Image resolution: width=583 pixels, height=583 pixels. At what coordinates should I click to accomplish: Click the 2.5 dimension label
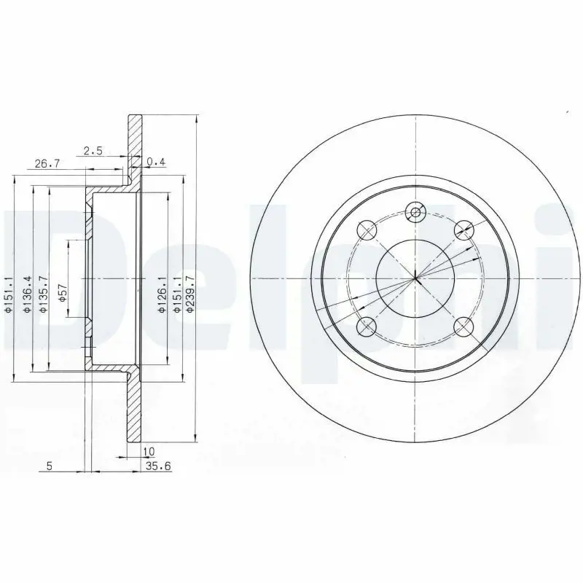(93, 151)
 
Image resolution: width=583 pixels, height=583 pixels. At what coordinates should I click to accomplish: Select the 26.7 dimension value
(47, 163)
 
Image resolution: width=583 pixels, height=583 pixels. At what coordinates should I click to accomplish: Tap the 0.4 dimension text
(156, 162)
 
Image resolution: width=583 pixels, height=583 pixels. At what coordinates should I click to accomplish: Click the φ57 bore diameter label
(62, 293)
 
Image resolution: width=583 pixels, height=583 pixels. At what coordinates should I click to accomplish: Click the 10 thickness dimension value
(149, 451)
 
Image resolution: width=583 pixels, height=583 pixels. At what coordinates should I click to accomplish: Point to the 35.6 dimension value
(158, 466)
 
